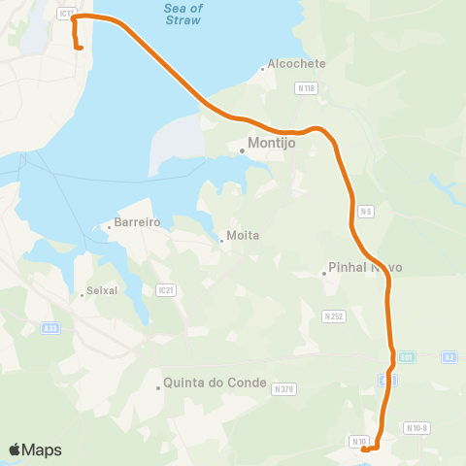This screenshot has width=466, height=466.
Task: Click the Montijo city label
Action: pos(272,143)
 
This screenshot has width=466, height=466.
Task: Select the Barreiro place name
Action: pos(136,222)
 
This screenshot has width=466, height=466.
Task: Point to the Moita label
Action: pos(244,236)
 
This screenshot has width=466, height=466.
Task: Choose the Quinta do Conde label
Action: pos(216,383)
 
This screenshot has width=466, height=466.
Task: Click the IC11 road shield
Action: pos(66,14)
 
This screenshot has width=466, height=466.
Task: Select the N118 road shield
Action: pos(307,88)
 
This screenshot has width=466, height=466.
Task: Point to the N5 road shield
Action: pos(365,211)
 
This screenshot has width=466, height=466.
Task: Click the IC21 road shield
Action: pos(164,289)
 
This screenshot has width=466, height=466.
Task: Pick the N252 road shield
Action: pos(335,316)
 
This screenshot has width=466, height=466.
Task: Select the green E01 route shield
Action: pos(407,357)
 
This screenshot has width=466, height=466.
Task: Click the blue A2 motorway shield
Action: pos(449,357)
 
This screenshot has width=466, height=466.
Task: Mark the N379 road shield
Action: pos(283,389)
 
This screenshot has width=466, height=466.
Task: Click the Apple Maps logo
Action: pos(35,449)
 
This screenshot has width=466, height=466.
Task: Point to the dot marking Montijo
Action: pos(242,150)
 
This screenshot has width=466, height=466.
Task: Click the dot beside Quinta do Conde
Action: pos(158,388)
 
